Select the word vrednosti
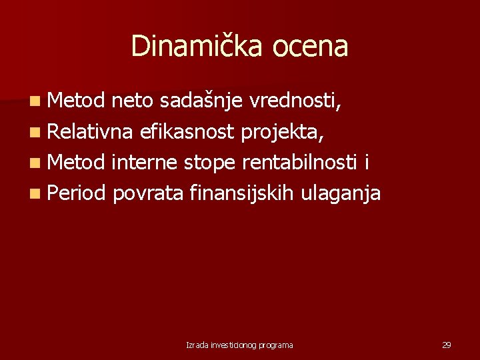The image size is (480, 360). click(296, 101)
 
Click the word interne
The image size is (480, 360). click(146, 163)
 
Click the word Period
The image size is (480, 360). click(77, 193)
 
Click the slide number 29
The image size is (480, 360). click(446, 345)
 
